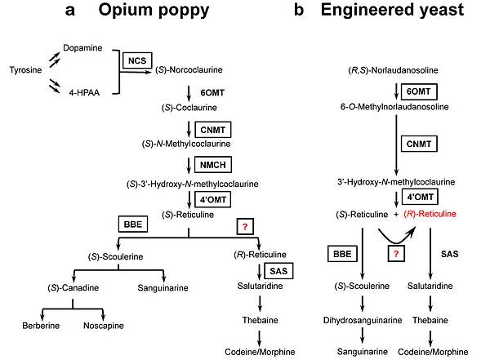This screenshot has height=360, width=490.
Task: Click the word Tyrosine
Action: [x=26, y=69]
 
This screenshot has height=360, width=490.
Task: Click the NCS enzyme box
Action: [x=136, y=60]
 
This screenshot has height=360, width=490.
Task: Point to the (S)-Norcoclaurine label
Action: [x=189, y=70]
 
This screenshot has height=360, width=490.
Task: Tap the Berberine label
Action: [x=39, y=326]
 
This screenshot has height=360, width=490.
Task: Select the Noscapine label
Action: [x=104, y=326]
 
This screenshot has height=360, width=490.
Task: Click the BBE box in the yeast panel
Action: [x=341, y=255]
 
